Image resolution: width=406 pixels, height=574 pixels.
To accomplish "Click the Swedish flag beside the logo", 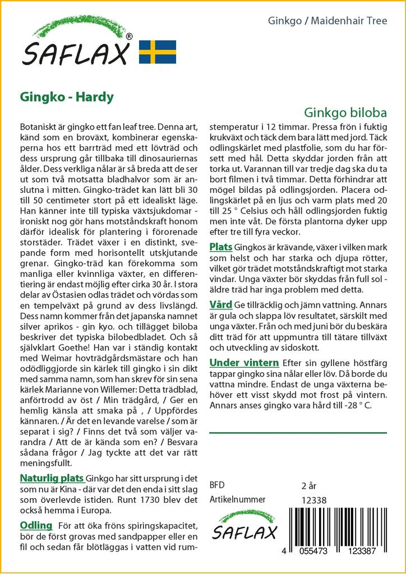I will tap(158, 52).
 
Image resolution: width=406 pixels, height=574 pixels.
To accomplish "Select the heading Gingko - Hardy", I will tap(67, 96).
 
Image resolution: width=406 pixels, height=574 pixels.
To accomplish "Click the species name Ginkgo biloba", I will tap(345, 111).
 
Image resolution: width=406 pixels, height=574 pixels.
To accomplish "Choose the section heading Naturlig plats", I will tap(52, 478).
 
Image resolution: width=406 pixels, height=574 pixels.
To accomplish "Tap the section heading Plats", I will tap(221, 247).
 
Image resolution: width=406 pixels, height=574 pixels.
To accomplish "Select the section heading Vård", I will tap(220, 305).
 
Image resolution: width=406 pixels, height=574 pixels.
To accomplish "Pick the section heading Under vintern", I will tap(244, 363).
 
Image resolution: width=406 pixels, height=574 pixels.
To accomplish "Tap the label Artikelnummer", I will tap(237, 499).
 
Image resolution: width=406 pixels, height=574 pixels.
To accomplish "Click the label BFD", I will tap(217, 485).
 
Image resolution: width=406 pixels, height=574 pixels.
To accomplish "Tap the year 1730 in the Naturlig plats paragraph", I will tap(136, 499).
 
